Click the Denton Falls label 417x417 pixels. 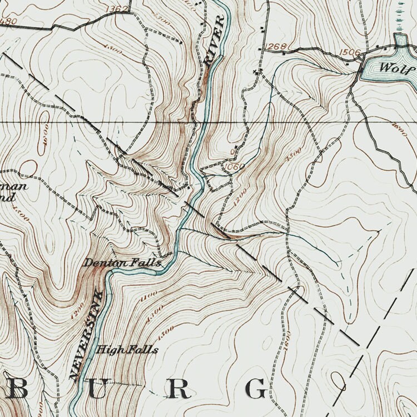point(122,262)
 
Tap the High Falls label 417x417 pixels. point(127,350)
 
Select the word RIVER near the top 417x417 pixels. point(215,41)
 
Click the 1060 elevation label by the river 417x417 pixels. point(234,166)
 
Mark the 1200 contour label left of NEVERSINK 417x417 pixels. point(75,309)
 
